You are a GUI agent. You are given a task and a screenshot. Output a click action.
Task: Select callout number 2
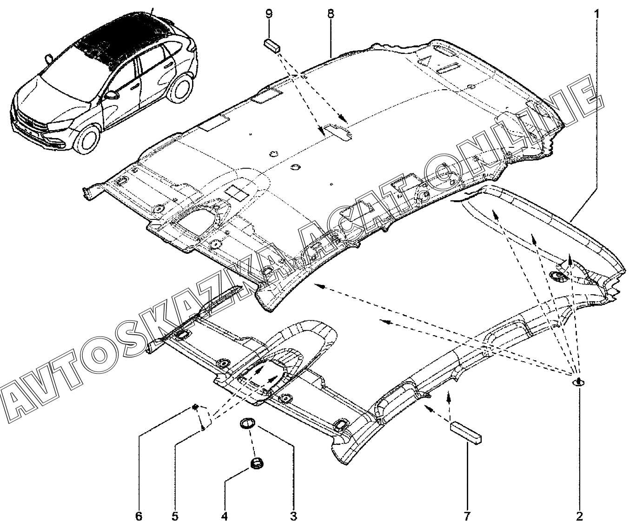(x=579, y=516)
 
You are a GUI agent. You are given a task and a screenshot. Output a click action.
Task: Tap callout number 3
(x=293, y=516)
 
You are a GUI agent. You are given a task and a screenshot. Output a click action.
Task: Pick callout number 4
(x=225, y=516)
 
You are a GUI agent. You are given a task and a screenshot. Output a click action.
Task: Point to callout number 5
(x=175, y=516)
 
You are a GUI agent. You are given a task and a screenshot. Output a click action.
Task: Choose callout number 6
(x=139, y=516)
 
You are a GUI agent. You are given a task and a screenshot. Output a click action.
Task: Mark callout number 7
(x=466, y=516)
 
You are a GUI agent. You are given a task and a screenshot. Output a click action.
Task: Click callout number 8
(x=330, y=14)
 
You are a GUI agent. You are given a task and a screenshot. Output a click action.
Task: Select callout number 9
(x=269, y=14)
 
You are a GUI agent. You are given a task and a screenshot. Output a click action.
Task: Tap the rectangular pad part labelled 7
(x=465, y=433)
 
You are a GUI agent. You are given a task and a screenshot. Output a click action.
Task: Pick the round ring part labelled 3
(x=246, y=423)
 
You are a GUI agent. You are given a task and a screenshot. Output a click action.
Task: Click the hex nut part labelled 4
(x=255, y=463)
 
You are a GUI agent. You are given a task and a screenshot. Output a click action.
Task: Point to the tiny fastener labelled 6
(x=196, y=408)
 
